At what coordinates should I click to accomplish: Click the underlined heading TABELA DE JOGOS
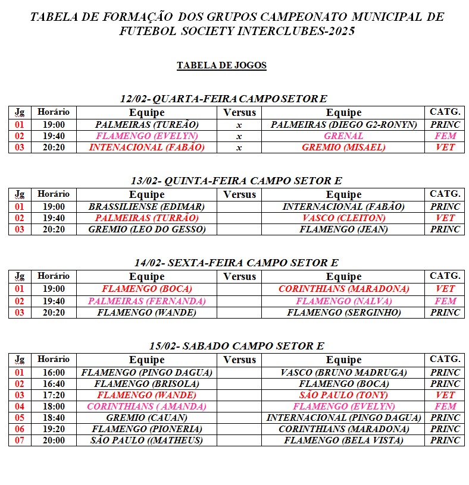pos(221,65)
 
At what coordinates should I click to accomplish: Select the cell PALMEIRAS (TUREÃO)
pos(146,125)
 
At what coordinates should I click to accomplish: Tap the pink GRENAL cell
pos(343,136)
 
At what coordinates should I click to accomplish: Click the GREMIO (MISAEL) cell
pos(343,147)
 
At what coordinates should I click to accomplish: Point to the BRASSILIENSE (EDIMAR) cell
pos(146,207)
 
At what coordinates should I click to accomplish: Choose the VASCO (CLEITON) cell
pos(343,218)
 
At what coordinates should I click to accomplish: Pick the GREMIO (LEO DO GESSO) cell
pos(146,229)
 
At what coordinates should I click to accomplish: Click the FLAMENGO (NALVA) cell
pos(343,301)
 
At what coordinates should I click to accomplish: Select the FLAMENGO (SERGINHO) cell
pos(343,312)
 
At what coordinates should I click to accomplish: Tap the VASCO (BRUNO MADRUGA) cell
pos(343,373)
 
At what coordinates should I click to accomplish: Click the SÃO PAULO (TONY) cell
pos(343,395)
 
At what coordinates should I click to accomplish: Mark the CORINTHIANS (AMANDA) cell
pos(146,407)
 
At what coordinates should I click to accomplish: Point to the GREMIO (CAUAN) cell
pos(146,418)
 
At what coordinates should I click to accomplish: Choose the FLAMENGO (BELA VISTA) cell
pos(343,440)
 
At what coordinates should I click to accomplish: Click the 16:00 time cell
pos(54,373)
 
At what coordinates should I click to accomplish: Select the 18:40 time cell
pos(54,418)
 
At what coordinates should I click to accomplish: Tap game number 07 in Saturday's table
pos(20,440)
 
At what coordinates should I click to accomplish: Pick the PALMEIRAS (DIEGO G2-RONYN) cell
pos(343,125)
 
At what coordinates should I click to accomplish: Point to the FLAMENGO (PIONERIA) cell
pos(146,429)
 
